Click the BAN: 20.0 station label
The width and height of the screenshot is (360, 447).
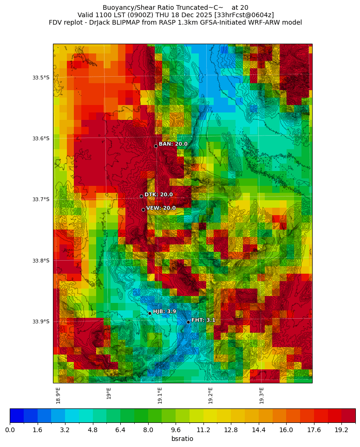[173, 144]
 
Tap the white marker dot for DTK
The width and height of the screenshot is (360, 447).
[141, 196]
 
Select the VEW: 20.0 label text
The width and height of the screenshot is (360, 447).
[161, 208]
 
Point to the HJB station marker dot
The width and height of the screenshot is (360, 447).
[150, 313]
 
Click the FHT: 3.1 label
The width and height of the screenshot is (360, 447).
[203, 320]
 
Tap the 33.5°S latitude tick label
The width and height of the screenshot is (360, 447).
[41, 78]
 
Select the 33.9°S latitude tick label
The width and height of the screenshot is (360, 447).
[41, 322]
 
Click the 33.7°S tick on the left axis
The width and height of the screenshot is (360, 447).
[41, 199]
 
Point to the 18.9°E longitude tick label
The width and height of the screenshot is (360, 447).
[59, 395]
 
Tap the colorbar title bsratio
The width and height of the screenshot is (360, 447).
[182, 439]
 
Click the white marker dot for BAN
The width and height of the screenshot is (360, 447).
[156, 146]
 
